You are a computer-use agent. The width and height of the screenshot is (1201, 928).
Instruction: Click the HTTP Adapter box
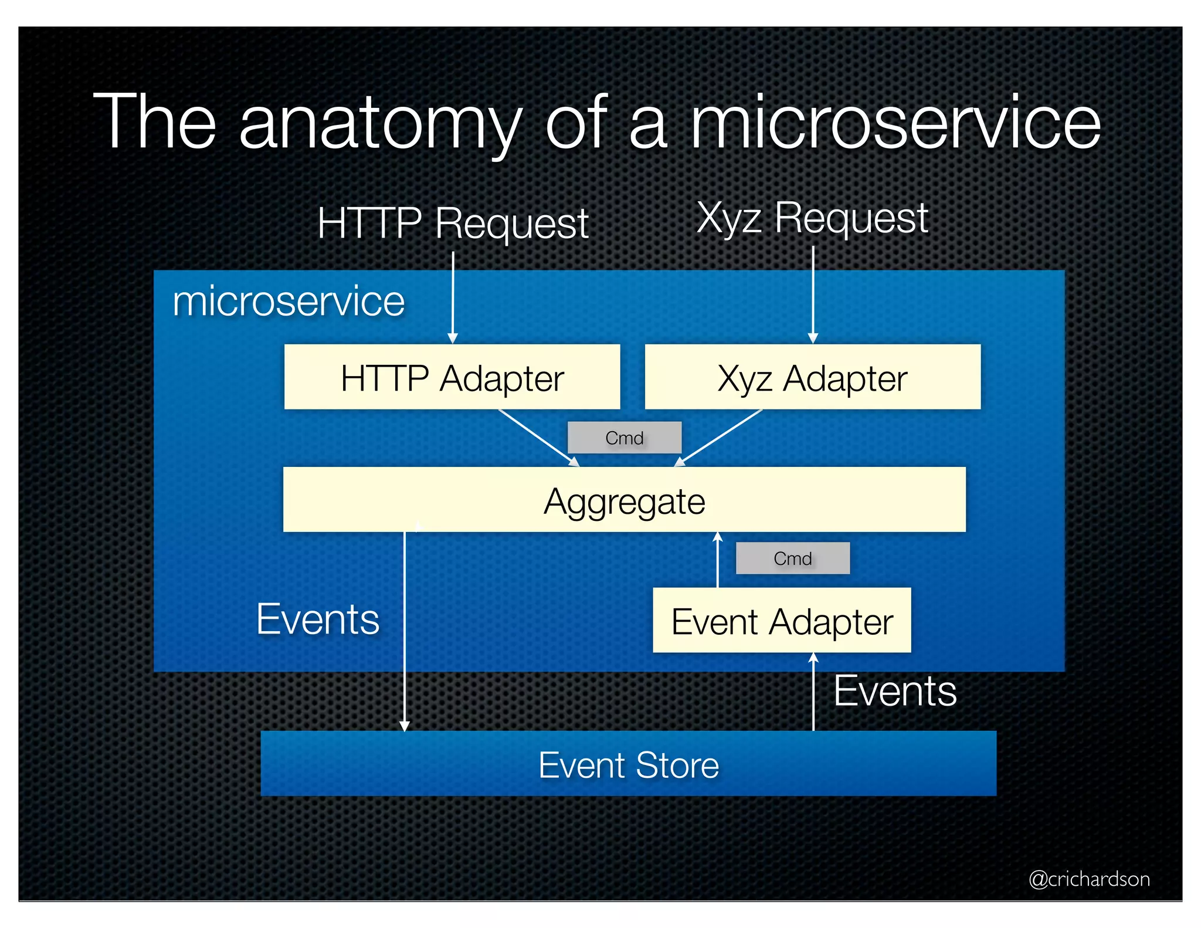452,377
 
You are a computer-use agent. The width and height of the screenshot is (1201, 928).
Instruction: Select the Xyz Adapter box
812,377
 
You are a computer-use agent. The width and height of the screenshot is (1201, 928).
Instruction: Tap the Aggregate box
624,500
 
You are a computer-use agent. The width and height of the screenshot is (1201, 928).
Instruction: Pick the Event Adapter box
782,621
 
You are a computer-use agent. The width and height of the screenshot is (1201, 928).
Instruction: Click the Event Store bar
628,764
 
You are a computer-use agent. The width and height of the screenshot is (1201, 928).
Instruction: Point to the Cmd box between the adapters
624,438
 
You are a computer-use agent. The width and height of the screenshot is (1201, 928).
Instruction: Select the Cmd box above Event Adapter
792,558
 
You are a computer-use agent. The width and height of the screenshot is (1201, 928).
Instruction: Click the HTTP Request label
453,223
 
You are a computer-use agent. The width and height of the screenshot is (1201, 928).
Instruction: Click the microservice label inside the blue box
289,302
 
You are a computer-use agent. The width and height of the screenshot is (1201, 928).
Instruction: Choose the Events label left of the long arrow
318,619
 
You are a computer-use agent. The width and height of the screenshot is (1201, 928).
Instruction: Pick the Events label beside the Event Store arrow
895,691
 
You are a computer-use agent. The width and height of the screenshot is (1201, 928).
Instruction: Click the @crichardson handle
1089,879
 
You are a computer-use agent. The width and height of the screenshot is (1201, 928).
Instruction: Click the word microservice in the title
895,123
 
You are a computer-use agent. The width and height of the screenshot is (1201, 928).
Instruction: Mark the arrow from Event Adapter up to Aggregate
718,560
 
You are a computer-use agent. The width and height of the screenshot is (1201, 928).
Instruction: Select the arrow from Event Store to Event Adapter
813,692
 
